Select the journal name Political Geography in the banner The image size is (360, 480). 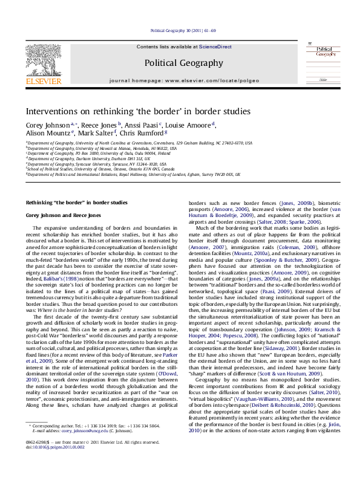[183, 63]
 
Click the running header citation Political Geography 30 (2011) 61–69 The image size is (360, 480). [180, 30]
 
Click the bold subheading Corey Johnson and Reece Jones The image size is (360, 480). [63, 215]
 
